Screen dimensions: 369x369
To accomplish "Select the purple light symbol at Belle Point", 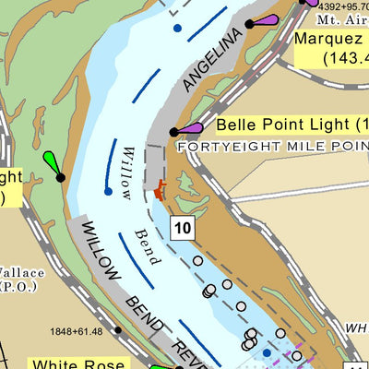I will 189,128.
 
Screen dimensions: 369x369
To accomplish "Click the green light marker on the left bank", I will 53,164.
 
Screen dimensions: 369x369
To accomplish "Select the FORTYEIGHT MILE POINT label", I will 272,146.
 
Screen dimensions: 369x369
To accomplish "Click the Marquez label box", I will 330,49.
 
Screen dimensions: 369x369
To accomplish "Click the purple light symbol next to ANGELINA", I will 265,19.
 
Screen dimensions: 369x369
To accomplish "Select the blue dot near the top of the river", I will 177,29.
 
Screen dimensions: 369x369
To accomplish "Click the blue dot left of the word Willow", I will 108,192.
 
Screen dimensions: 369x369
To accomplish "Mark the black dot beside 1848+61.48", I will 117,329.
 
